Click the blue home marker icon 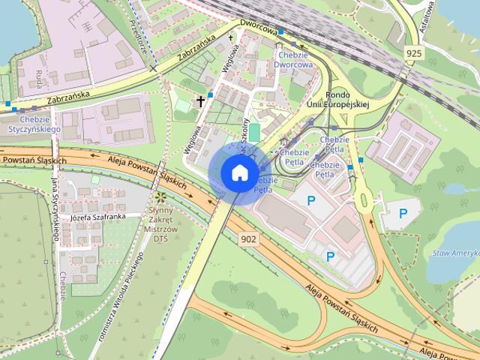tap(239, 172)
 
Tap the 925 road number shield tap(412, 53)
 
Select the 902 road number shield tap(250, 239)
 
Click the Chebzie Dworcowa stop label tap(294, 59)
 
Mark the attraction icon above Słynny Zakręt tap(160, 197)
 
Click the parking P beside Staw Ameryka tap(403, 214)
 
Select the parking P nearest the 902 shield tap(330, 257)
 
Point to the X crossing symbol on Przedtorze tap(153, 68)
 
